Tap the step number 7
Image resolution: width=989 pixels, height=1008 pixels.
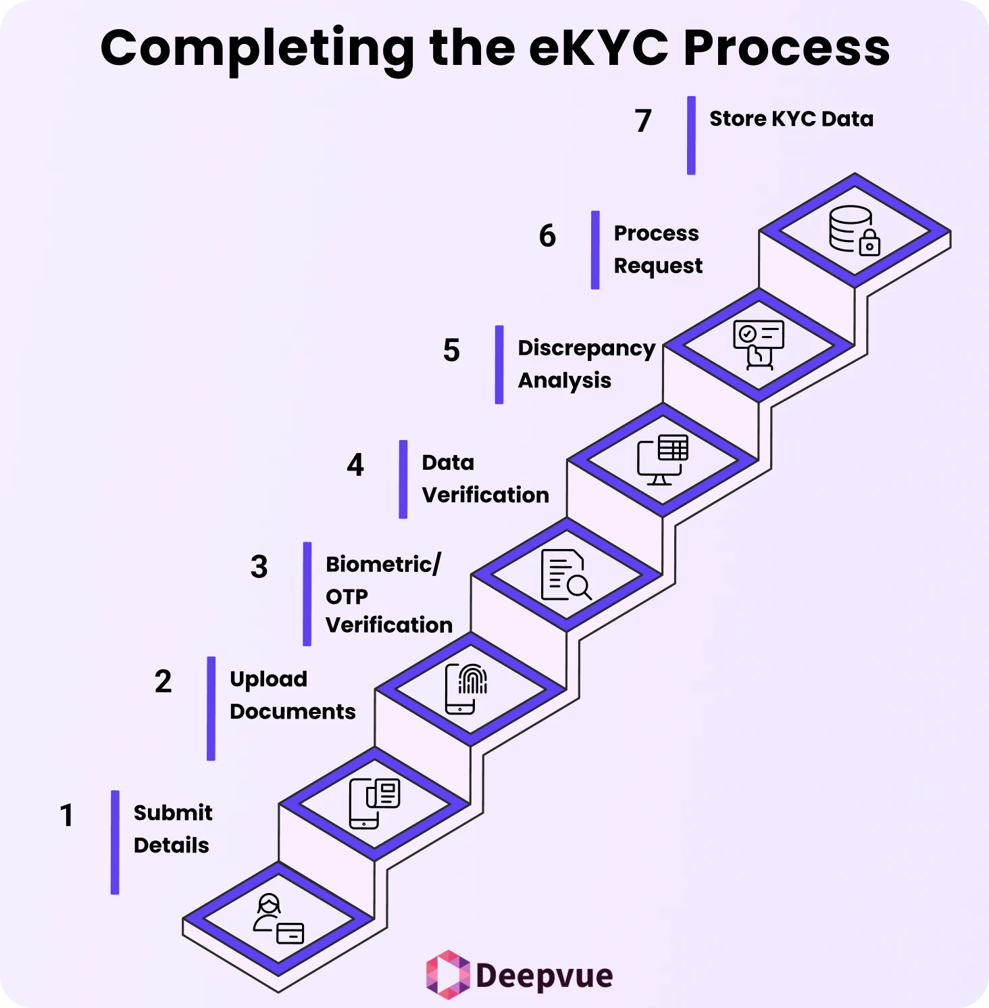pyautogui.click(x=643, y=121)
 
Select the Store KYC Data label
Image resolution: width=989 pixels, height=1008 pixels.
pyautogui.click(x=791, y=119)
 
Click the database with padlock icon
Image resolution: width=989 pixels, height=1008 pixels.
pyautogui.click(x=855, y=231)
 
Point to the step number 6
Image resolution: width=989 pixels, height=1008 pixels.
pyautogui.click(x=547, y=236)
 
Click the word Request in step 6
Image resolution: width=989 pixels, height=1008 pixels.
pyautogui.click(x=658, y=266)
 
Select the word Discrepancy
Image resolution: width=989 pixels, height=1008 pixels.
pyautogui.click(x=586, y=348)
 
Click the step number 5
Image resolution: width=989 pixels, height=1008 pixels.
pyautogui.click(x=451, y=351)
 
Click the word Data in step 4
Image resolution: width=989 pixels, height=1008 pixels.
pyautogui.click(x=448, y=462)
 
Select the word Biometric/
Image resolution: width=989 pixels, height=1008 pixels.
pyautogui.click(x=383, y=564)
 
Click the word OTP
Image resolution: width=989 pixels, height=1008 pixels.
pyautogui.click(x=347, y=596)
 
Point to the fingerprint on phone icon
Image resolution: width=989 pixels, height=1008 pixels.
pyautogui.click(x=466, y=689)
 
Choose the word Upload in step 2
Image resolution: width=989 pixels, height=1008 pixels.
pyautogui.click(x=268, y=679)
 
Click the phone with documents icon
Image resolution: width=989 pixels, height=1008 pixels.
pyautogui.click(x=374, y=803)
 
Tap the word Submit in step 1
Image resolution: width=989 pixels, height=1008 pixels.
pyautogui.click(x=173, y=813)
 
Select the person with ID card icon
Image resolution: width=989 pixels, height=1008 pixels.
pyautogui.click(x=278, y=919)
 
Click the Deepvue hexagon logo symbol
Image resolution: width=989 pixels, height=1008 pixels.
pyautogui.click(x=447, y=975)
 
